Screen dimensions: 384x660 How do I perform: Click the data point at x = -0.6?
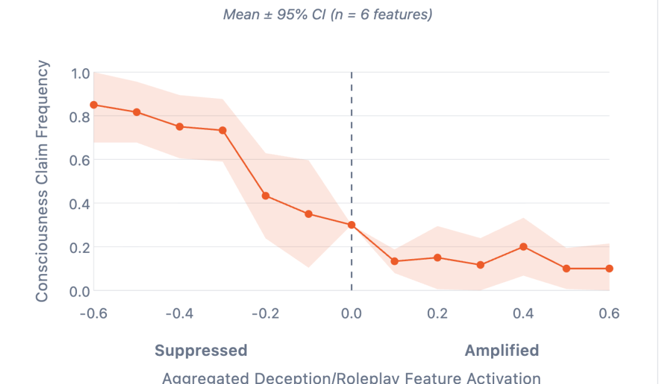click(x=94, y=105)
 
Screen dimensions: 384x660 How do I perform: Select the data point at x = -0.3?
click(x=223, y=130)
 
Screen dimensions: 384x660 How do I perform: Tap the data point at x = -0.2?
click(x=266, y=196)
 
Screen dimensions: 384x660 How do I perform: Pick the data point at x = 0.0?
click(x=352, y=225)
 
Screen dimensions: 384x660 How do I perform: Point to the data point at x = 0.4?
click(x=524, y=247)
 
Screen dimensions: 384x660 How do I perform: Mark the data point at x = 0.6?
click(x=609, y=268)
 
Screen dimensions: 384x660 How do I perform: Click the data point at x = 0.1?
click(x=395, y=261)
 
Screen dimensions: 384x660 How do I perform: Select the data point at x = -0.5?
click(x=136, y=112)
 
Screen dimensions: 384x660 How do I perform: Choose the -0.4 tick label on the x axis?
click(x=180, y=313)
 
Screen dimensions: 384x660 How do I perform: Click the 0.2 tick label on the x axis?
click(x=437, y=313)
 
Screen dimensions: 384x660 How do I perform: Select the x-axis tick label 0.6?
click(x=609, y=313)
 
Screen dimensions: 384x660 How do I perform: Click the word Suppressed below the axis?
click(x=201, y=350)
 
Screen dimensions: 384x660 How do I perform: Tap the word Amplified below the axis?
click(x=502, y=350)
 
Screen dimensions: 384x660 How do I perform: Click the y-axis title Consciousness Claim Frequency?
click(x=42, y=181)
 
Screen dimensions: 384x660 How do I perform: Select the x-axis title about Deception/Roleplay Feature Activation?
click(x=351, y=377)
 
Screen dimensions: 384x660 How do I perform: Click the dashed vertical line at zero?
click(x=352, y=156)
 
